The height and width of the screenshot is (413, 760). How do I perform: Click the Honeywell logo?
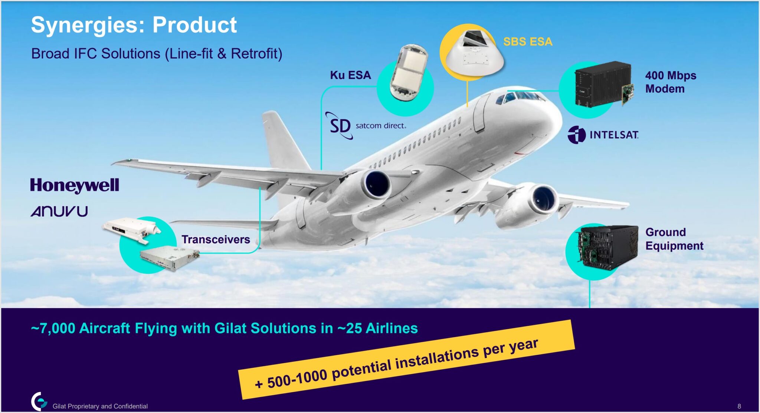[x=75, y=185]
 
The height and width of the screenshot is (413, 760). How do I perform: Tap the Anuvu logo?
[x=59, y=211]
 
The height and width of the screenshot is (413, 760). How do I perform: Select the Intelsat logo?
[x=603, y=134]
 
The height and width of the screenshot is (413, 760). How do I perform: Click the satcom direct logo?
[x=366, y=126]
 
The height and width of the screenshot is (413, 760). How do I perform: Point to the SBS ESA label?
[x=527, y=42]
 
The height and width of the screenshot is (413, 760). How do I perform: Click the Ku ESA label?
[x=350, y=75]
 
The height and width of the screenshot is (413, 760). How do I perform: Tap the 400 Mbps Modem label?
[x=670, y=82]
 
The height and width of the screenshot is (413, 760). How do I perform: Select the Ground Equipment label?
[x=674, y=239]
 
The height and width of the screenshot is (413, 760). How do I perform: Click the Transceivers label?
[x=216, y=239]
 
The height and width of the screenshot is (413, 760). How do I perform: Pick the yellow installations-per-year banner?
[x=406, y=360]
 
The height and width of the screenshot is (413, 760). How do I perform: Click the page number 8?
[x=739, y=406]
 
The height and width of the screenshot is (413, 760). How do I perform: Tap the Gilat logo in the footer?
[x=39, y=402]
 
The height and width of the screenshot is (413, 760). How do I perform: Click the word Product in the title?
[x=194, y=25]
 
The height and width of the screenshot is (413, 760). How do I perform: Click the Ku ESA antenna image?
[x=408, y=73]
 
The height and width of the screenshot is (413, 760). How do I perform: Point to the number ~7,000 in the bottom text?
[x=53, y=328]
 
